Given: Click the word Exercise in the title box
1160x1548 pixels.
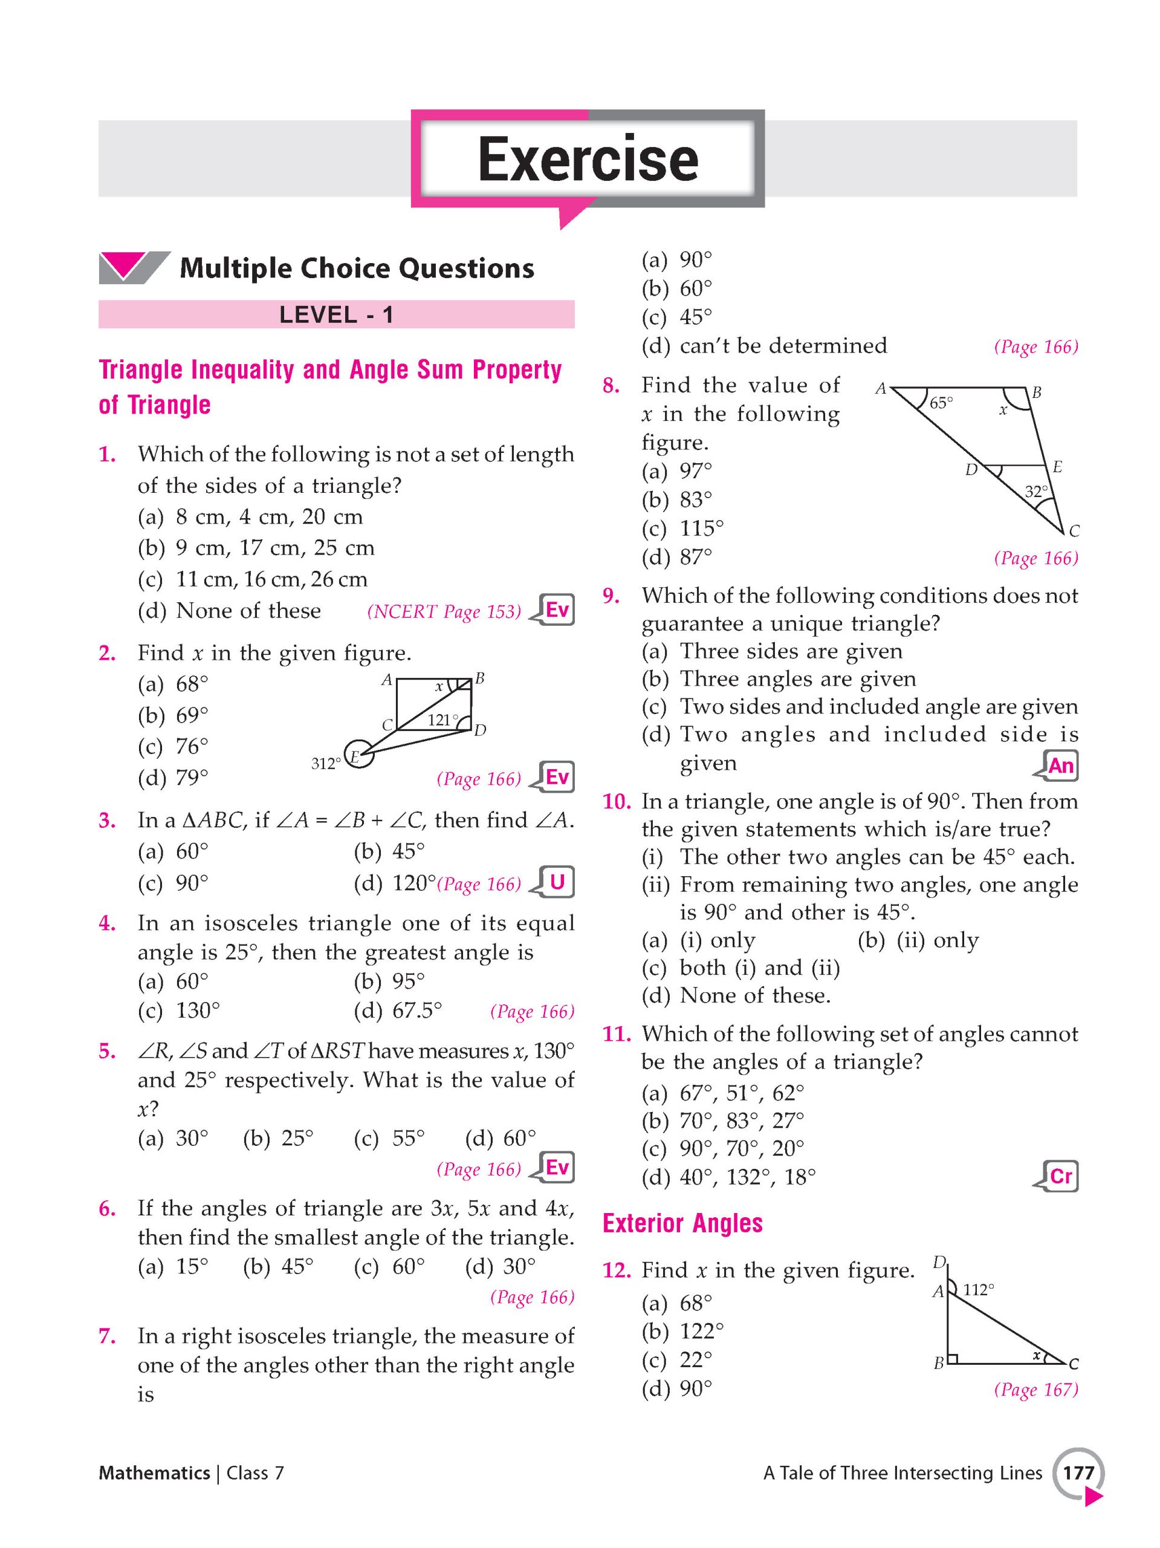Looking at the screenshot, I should click(588, 160).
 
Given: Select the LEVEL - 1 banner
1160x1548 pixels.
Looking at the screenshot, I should click(336, 315).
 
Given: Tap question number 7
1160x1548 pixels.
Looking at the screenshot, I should click(108, 1335).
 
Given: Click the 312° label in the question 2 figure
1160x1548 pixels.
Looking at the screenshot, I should click(325, 764).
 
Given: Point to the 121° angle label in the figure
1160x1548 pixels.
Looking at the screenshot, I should click(442, 720).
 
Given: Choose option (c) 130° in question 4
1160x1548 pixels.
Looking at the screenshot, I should click(179, 1010).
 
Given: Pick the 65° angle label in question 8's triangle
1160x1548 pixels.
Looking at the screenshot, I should click(941, 403).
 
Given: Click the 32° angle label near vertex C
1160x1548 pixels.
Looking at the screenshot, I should click(1036, 491).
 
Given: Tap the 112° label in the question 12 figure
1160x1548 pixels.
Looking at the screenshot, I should click(978, 1289).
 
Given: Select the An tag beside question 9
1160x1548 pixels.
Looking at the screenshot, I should click(1060, 766).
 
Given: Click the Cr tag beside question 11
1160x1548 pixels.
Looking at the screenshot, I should click(1060, 1176).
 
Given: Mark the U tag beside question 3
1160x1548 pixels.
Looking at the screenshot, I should click(557, 882).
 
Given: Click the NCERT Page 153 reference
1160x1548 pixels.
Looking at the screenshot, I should click(444, 612).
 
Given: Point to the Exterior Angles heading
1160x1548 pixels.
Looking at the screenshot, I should click(682, 1223).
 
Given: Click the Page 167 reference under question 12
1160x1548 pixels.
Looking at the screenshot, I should click(1035, 1389).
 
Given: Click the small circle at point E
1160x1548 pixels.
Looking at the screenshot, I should click(359, 753).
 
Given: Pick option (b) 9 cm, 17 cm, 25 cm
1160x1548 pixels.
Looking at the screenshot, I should click(256, 547).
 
